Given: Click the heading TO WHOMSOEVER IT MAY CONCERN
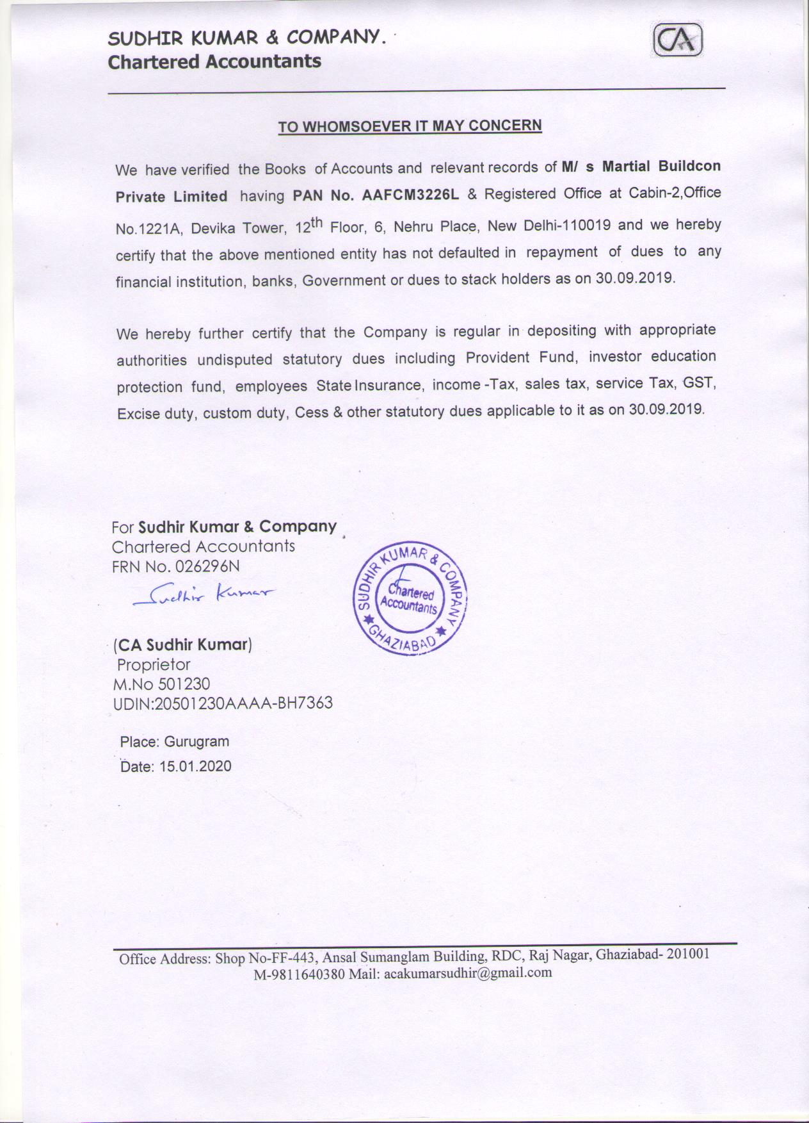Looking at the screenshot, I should click(x=410, y=126).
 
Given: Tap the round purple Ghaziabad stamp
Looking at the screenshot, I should click(x=410, y=599).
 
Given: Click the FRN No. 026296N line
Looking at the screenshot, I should click(x=176, y=566).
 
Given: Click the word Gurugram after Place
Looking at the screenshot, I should click(x=196, y=742).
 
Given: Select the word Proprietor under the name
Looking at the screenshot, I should click(x=154, y=664).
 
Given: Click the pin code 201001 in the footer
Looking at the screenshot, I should click(x=688, y=953).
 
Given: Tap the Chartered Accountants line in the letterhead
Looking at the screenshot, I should click(x=214, y=62).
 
